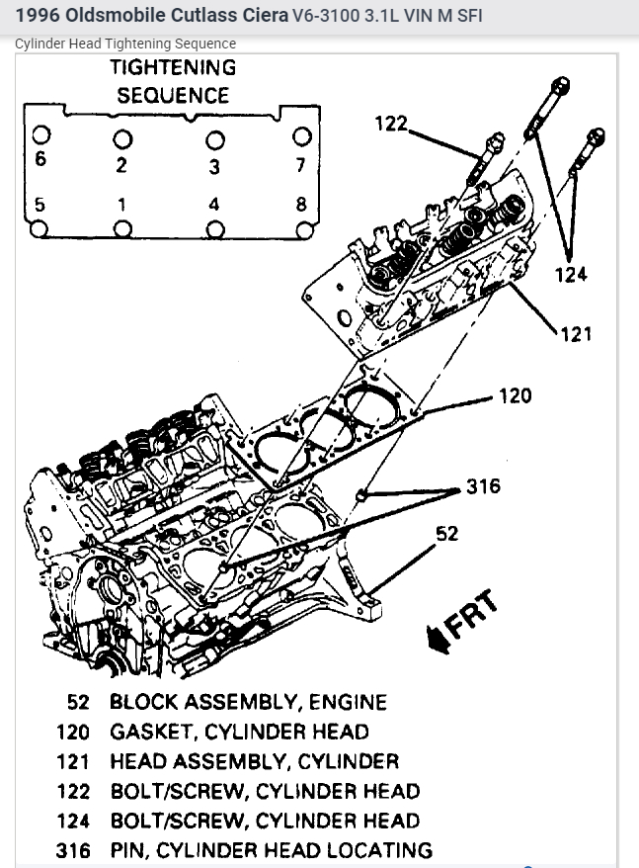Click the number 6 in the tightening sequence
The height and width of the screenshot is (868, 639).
pos(40,159)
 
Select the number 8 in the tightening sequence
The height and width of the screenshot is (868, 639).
pos(302,206)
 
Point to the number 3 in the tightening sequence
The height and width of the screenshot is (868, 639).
pos(213,166)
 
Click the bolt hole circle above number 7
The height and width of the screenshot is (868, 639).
pos(303,135)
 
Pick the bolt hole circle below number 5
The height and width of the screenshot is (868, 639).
pos(39,229)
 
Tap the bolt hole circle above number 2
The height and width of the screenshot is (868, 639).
pos(121,137)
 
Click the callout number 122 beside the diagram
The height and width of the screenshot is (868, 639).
pos(390,125)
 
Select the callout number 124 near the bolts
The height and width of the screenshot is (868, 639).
pos(571,274)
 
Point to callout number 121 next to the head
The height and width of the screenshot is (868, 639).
pos(576,333)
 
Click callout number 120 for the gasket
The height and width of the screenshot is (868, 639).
pos(514,395)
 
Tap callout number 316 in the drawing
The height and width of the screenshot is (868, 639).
pos(483,485)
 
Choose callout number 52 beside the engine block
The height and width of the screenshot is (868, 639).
pos(446,534)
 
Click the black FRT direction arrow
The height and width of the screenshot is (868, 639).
pos(435,641)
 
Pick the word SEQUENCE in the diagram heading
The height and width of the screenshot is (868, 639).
pos(173,96)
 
